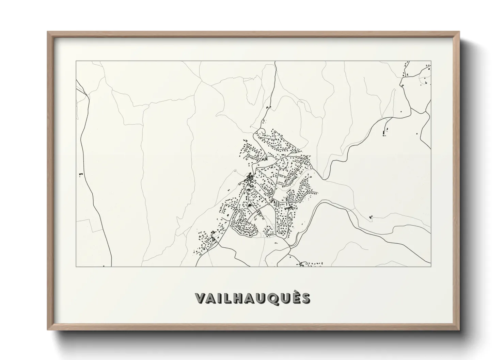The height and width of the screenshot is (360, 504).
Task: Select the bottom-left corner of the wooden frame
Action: pyautogui.click(x=48, y=329)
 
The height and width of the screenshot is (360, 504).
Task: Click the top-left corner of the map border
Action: pyautogui.click(x=76, y=61)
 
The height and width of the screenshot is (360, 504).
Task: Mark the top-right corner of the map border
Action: pyautogui.click(x=431, y=61)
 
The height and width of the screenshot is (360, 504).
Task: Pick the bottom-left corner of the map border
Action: pyautogui.click(x=76, y=266)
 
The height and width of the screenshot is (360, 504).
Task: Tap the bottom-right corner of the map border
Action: pyautogui.click(x=431, y=266)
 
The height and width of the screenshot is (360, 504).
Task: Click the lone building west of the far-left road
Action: pyautogui.click(x=81, y=174)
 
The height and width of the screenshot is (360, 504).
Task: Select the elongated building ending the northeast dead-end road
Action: pyautogui.click(x=383, y=132)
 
